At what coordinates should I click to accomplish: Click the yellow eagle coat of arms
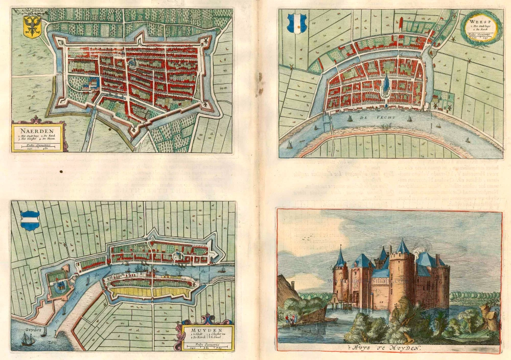[x=33, y=27]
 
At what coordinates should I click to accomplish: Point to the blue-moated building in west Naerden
[x=94, y=83]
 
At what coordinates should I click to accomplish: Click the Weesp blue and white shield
[x=296, y=23]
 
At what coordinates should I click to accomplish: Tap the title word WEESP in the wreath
[x=476, y=22]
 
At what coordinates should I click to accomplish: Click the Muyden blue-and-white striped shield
[x=30, y=220]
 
